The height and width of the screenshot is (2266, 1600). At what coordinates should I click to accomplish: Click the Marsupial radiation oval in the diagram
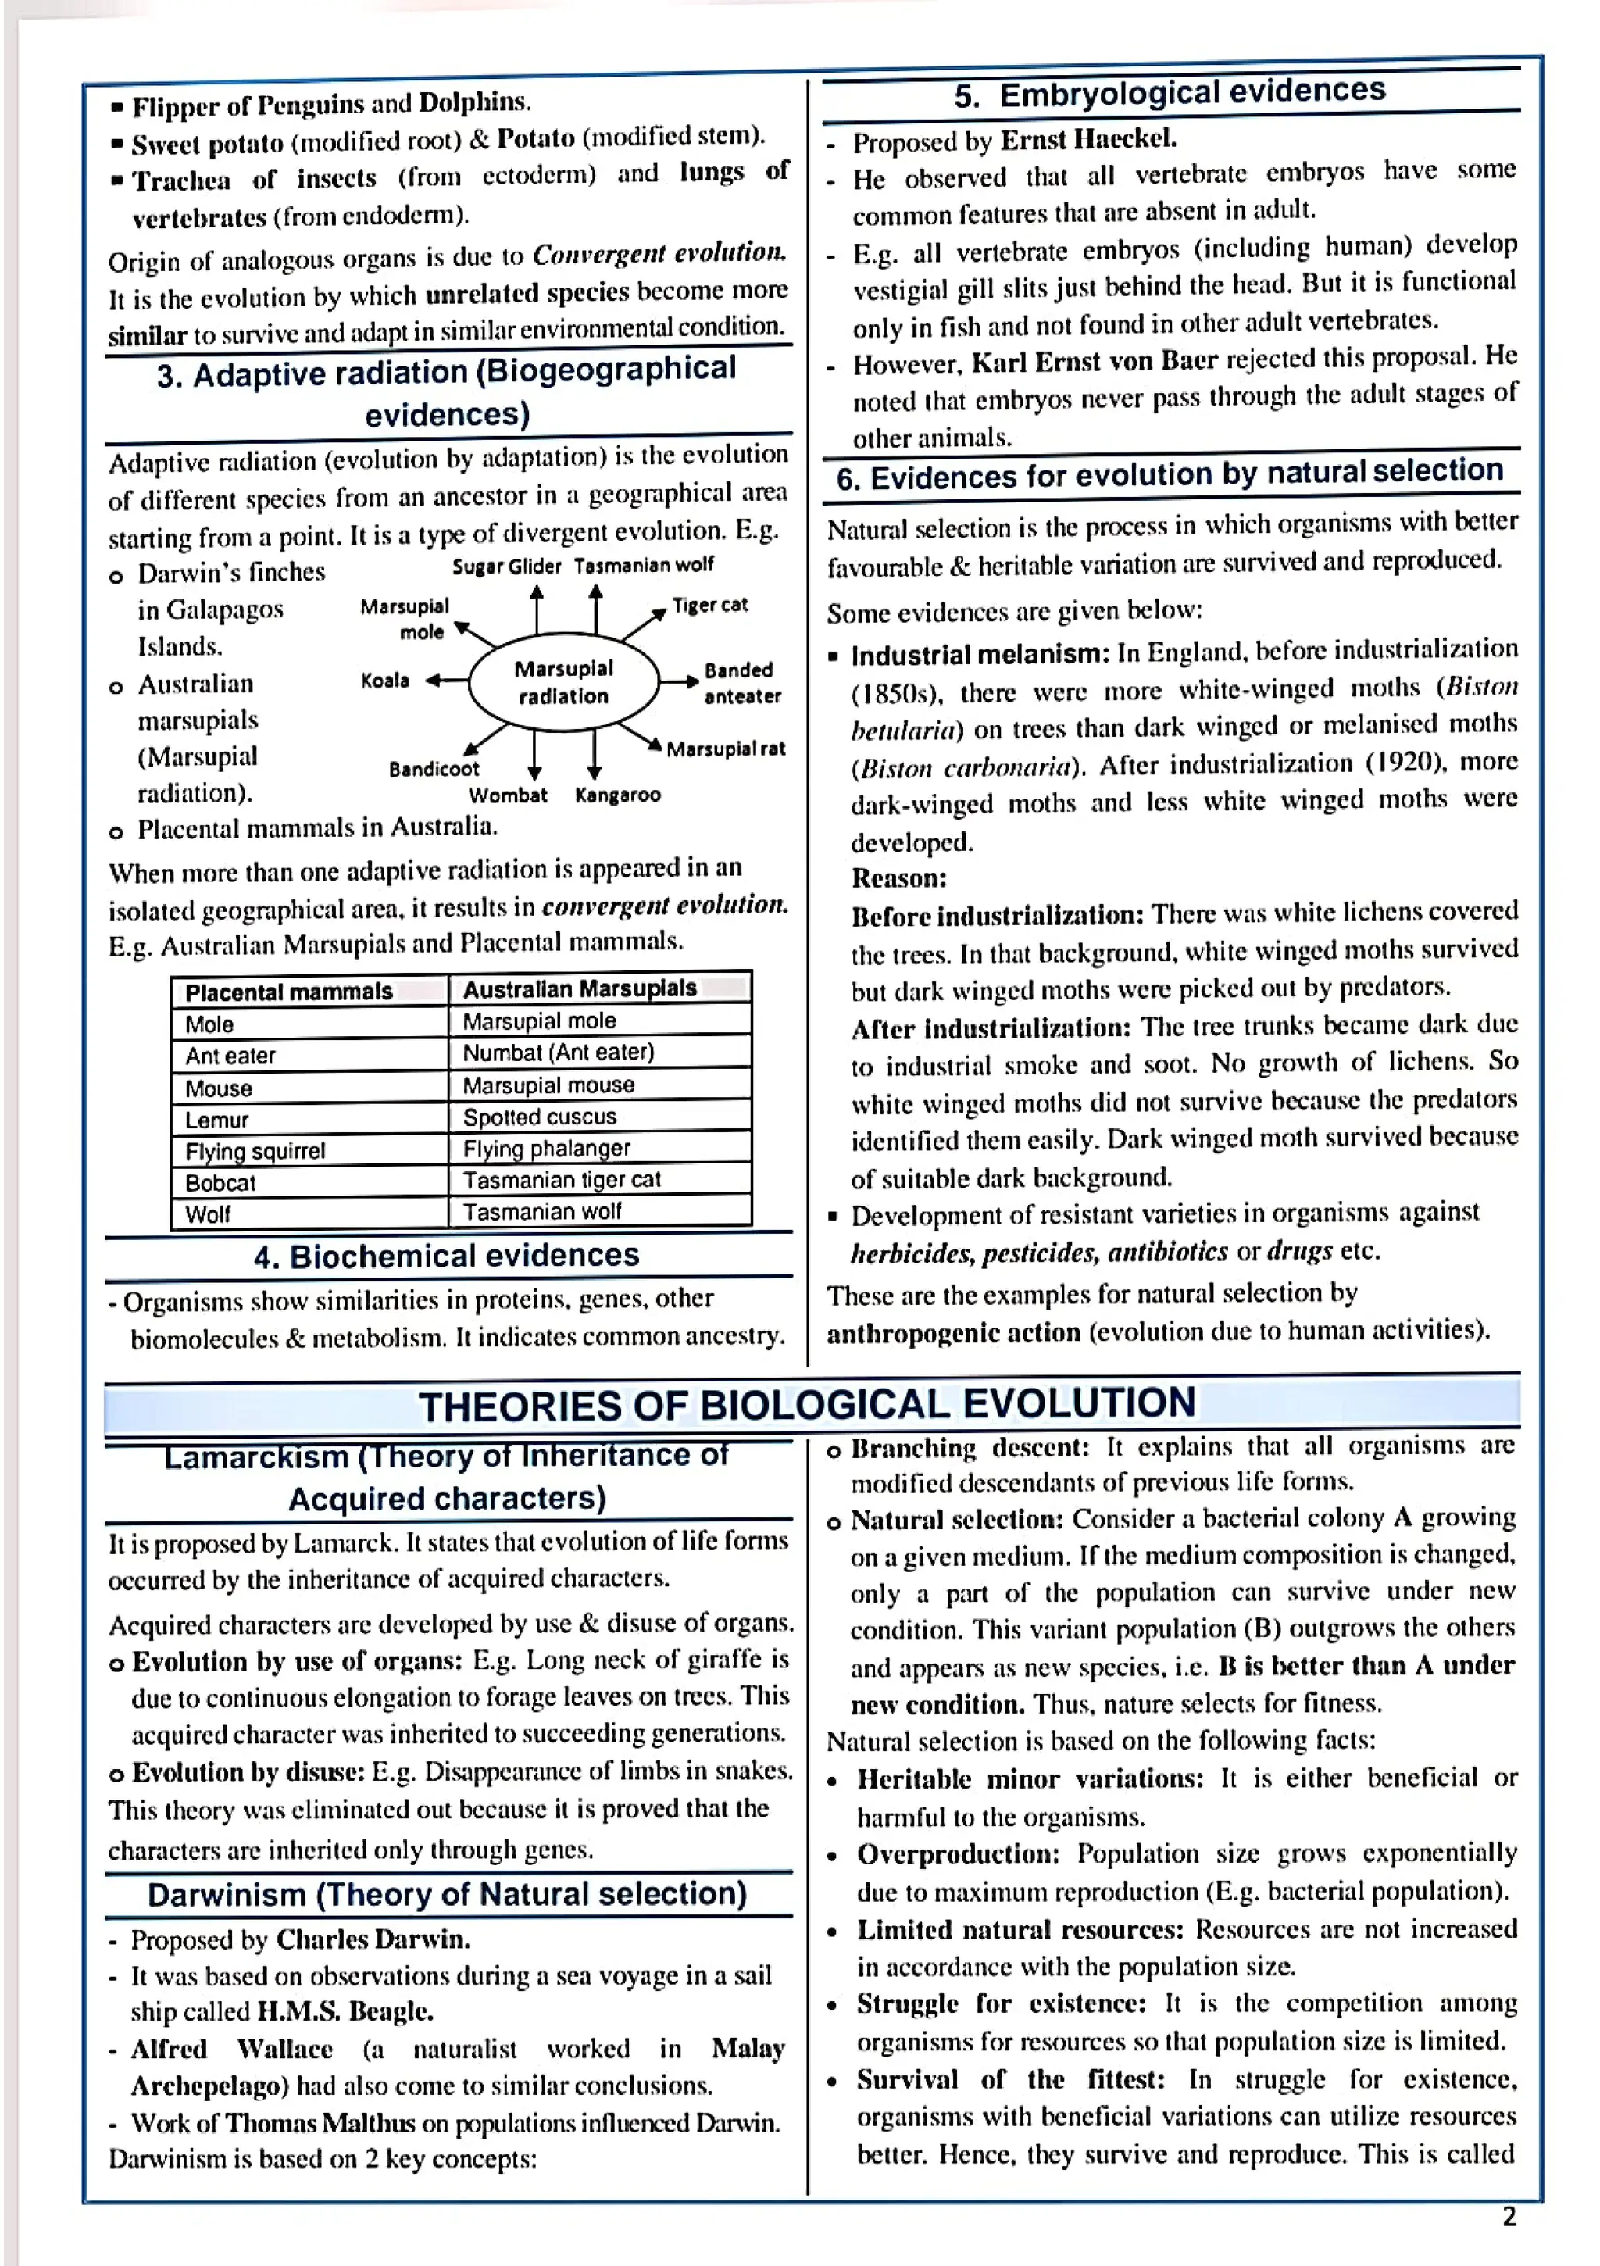point(563,681)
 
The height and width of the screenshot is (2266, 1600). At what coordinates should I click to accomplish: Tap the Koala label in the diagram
point(385,680)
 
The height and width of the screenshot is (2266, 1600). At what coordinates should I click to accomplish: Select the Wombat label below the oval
point(507,795)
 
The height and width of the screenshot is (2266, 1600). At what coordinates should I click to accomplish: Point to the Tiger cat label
point(709,604)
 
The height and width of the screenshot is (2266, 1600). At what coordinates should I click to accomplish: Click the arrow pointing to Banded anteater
point(679,681)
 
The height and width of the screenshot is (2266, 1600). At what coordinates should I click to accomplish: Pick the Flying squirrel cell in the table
point(255,1151)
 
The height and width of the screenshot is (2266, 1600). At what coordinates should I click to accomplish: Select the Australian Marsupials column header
point(580,988)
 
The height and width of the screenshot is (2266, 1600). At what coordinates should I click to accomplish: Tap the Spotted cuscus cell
point(539,1117)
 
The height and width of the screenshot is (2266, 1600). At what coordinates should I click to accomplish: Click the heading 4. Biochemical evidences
point(446,1256)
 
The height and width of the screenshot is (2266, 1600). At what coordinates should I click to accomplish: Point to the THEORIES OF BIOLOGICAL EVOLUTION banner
point(806,1403)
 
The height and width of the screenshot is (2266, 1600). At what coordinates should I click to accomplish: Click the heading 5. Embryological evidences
point(1170,91)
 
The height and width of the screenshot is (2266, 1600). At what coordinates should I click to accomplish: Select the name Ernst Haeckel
point(1087,139)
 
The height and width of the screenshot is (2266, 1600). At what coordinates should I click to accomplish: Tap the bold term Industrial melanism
point(980,654)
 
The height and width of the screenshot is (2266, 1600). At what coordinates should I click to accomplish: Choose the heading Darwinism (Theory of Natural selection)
point(447,1894)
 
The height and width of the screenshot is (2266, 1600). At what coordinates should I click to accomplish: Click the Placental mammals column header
point(288,991)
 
